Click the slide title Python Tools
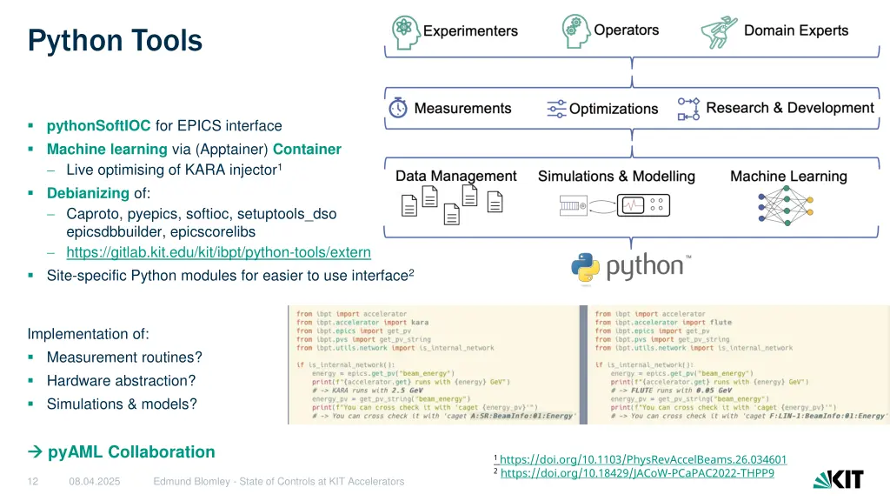click(115, 41)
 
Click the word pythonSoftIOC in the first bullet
click(98, 125)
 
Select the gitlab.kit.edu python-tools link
click(218, 252)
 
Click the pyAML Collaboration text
click(130, 451)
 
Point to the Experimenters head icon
click(405, 31)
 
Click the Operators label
click(626, 30)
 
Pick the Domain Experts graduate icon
click(720, 31)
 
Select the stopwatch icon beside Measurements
click(398, 108)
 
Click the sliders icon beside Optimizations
click(556, 109)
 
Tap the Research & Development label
click(789, 108)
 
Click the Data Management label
click(455, 176)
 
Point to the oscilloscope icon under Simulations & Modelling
click(642, 206)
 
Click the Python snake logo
click(587, 268)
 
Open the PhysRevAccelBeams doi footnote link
click(642, 459)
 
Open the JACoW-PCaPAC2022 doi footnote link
click(636, 473)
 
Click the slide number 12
click(33, 481)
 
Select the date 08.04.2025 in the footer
click(95, 481)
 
